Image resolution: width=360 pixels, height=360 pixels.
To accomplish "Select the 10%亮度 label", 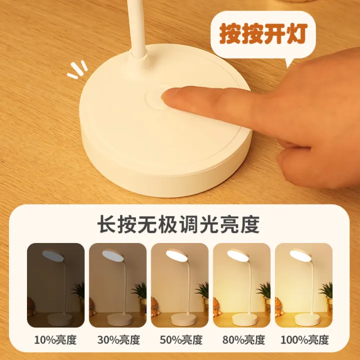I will (55, 340).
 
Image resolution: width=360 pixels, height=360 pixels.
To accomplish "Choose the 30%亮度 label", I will (118, 340).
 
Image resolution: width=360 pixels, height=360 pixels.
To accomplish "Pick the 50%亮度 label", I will (180, 340).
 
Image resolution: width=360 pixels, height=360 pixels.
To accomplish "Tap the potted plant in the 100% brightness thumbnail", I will (326, 292).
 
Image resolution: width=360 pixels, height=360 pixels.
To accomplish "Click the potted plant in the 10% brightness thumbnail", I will (78, 292).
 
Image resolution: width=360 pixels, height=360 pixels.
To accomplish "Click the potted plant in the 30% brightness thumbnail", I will (140, 292).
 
